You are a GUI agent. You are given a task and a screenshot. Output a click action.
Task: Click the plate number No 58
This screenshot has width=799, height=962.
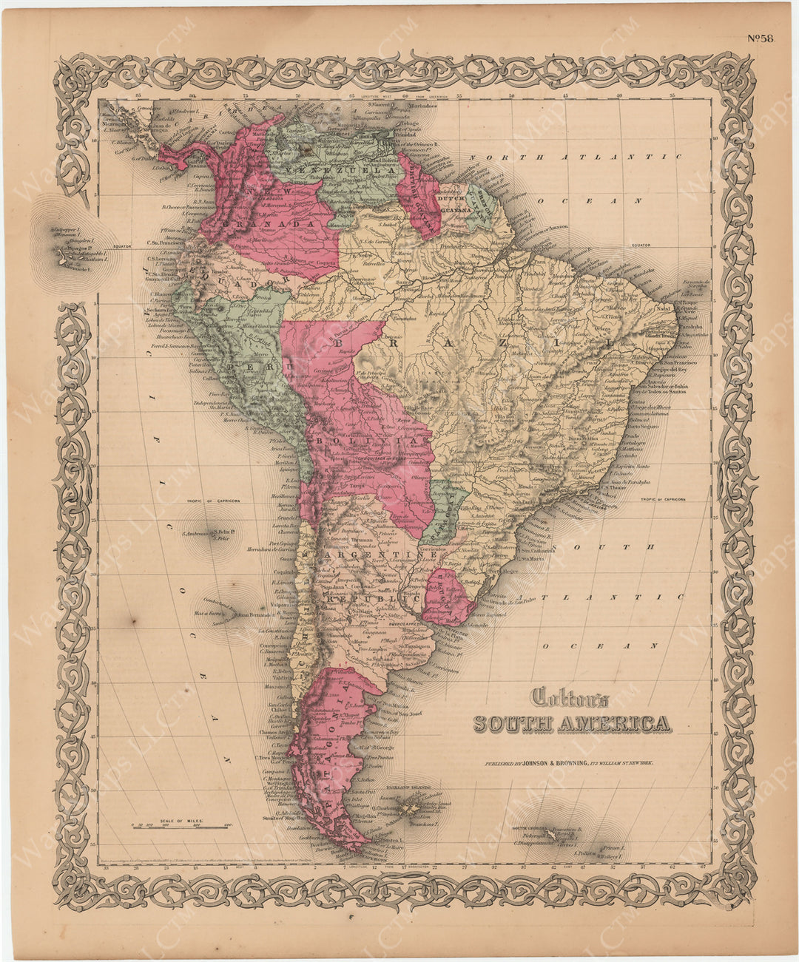(x=759, y=40)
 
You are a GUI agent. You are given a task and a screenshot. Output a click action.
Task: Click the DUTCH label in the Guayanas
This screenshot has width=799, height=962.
(x=449, y=198)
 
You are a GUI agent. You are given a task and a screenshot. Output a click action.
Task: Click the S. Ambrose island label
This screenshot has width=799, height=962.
(x=190, y=534)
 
